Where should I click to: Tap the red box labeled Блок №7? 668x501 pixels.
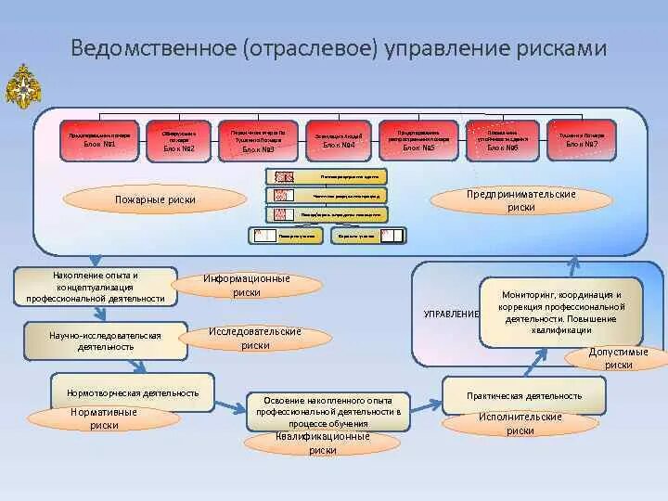coord(582,139)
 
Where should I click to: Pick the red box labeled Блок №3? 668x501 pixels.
coord(259,141)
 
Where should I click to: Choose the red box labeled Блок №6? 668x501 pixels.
coord(503,139)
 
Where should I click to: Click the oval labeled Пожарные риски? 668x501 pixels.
coord(155,199)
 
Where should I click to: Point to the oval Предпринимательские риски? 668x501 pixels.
coord(521,201)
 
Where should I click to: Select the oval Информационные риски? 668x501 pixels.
coord(247,285)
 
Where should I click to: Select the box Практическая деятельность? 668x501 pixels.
coord(525,395)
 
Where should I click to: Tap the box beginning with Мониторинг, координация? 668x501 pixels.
coord(560,312)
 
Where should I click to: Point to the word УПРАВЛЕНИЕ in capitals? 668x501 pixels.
coord(451,314)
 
